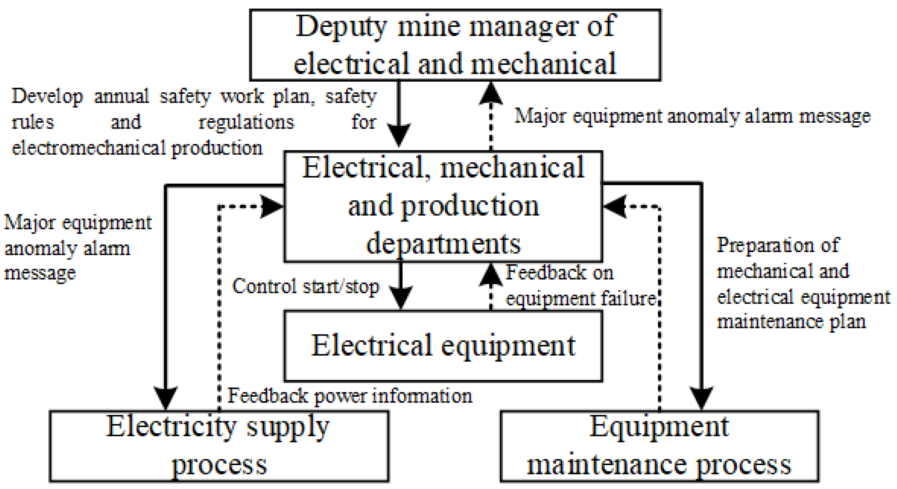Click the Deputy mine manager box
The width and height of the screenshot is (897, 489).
point(455,45)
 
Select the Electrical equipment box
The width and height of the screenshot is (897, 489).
point(443,345)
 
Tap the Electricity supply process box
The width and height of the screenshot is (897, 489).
point(219,446)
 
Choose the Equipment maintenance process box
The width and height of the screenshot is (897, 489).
point(659,446)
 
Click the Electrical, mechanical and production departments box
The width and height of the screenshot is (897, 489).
point(443,206)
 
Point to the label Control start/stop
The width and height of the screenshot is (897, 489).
point(305,286)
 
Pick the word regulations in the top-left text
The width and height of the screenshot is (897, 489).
point(246,123)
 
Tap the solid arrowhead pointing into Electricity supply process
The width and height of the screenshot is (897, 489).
point(166,398)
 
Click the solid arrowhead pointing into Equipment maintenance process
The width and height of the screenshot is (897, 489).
point(701,398)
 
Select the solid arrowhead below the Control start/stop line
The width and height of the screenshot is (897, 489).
point(400,296)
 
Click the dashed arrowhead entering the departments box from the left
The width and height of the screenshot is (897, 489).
point(271,207)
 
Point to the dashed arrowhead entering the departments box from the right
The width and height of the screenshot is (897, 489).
point(615,207)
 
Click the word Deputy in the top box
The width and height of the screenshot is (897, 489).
point(341,26)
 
